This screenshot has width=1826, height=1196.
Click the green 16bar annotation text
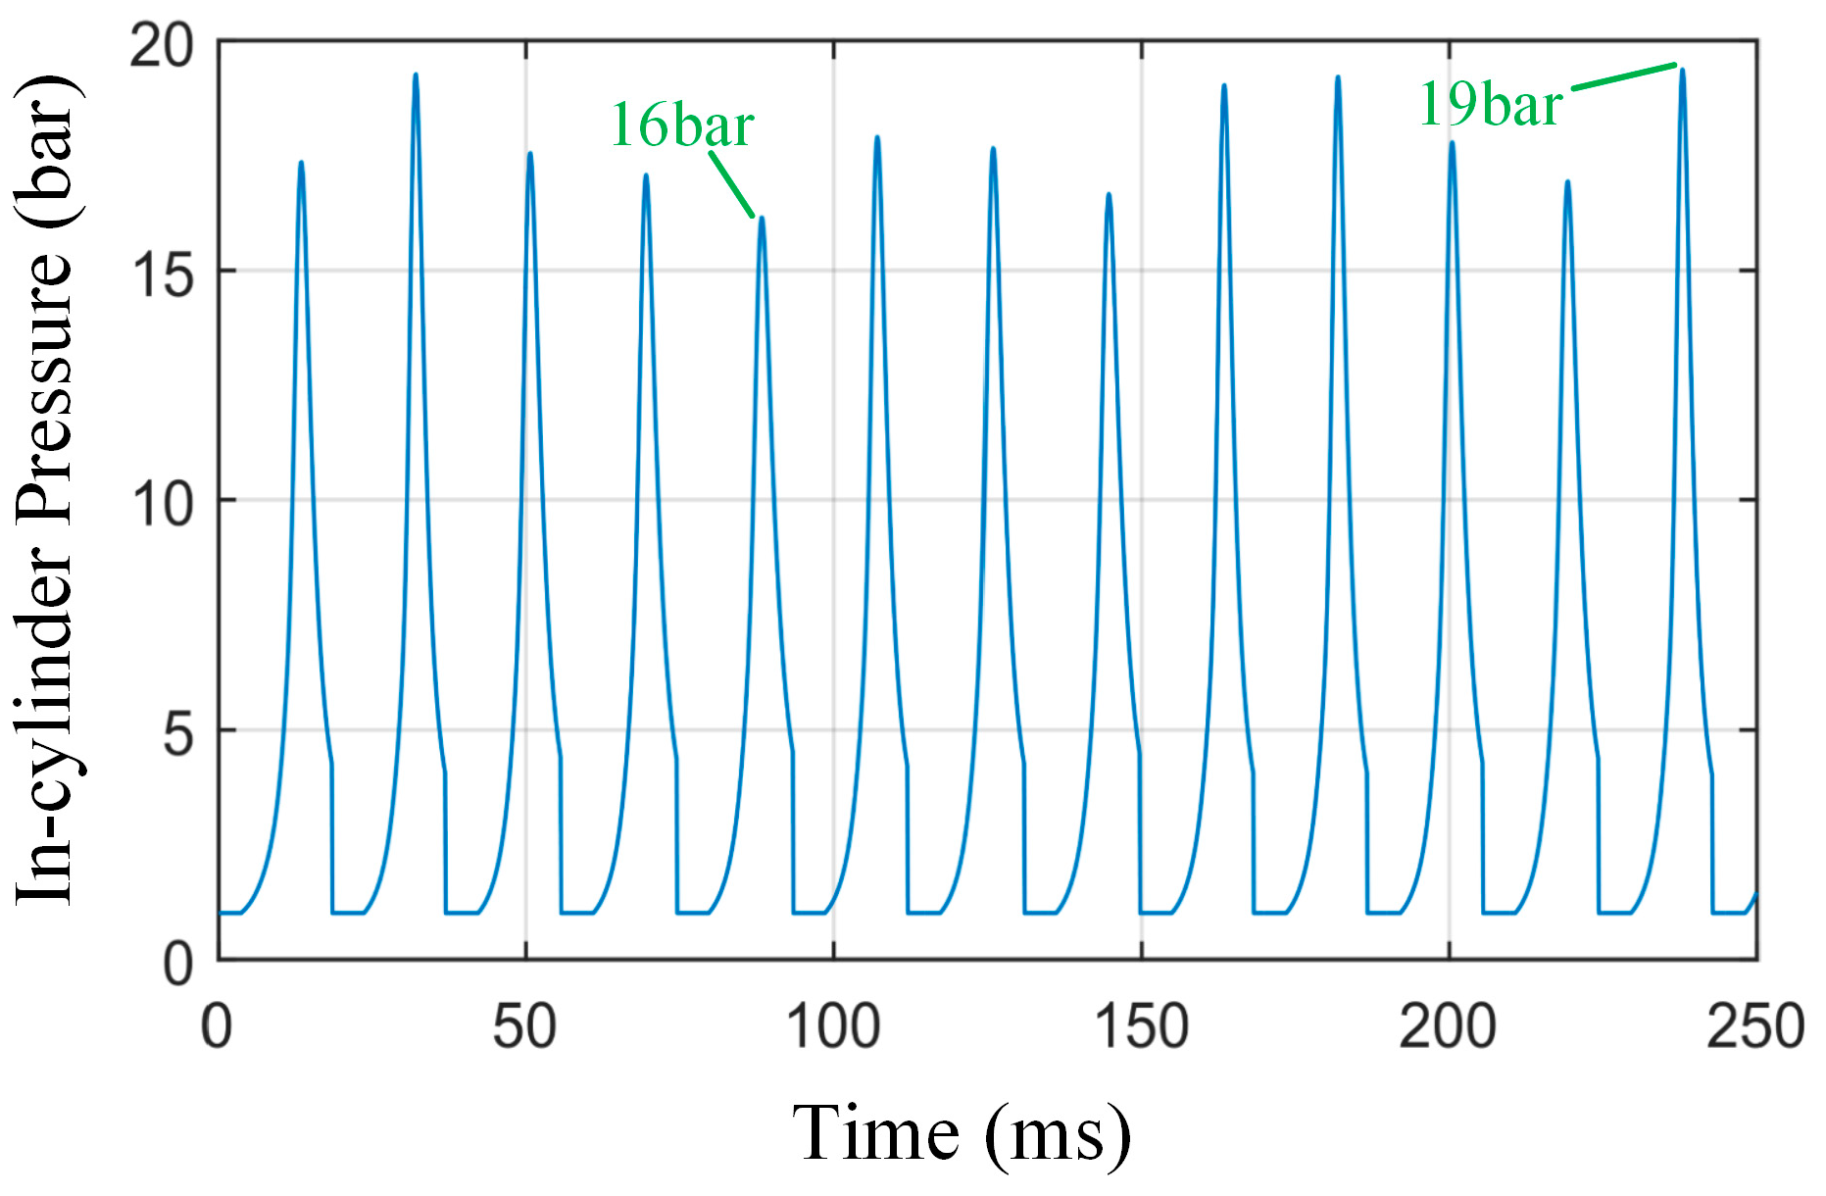click(x=682, y=125)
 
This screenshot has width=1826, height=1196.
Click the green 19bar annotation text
click(x=1490, y=104)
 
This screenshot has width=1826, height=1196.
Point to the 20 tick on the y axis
click(x=163, y=45)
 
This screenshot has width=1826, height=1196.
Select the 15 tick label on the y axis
click(x=163, y=274)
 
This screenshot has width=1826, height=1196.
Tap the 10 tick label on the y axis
click(x=163, y=503)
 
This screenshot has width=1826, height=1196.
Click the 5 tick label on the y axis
click(x=178, y=732)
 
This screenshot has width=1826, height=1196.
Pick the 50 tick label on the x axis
click(x=524, y=1026)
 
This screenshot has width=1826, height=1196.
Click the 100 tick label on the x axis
click(x=833, y=1026)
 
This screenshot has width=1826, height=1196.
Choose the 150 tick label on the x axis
click(x=1141, y=1026)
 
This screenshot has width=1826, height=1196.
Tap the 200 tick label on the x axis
click(x=1448, y=1026)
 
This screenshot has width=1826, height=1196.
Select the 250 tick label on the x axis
click(x=1754, y=1026)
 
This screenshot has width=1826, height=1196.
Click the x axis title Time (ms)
click(x=961, y=1134)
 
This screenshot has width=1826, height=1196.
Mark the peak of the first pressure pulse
click(x=301, y=163)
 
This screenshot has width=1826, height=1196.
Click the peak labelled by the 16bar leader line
click(x=762, y=219)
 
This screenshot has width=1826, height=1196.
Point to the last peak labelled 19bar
click(x=1683, y=70)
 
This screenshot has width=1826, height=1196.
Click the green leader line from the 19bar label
click(x=1624, y=77)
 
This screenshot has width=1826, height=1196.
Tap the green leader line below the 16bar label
click(x=731, y=183)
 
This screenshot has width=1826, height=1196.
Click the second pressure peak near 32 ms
click(x=416, y=75)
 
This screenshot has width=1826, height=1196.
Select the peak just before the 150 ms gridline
click(x=1109, y=194)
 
